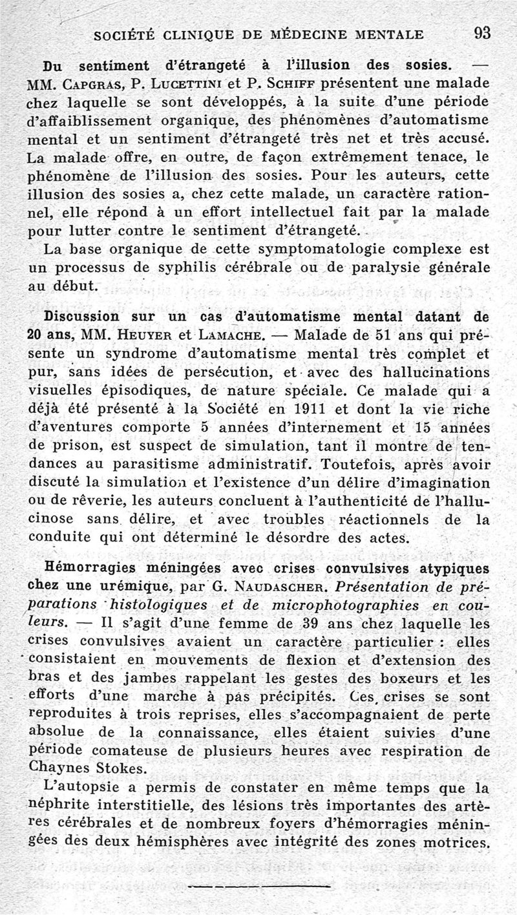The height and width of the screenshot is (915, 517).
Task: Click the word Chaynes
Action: tap(58, 770)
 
